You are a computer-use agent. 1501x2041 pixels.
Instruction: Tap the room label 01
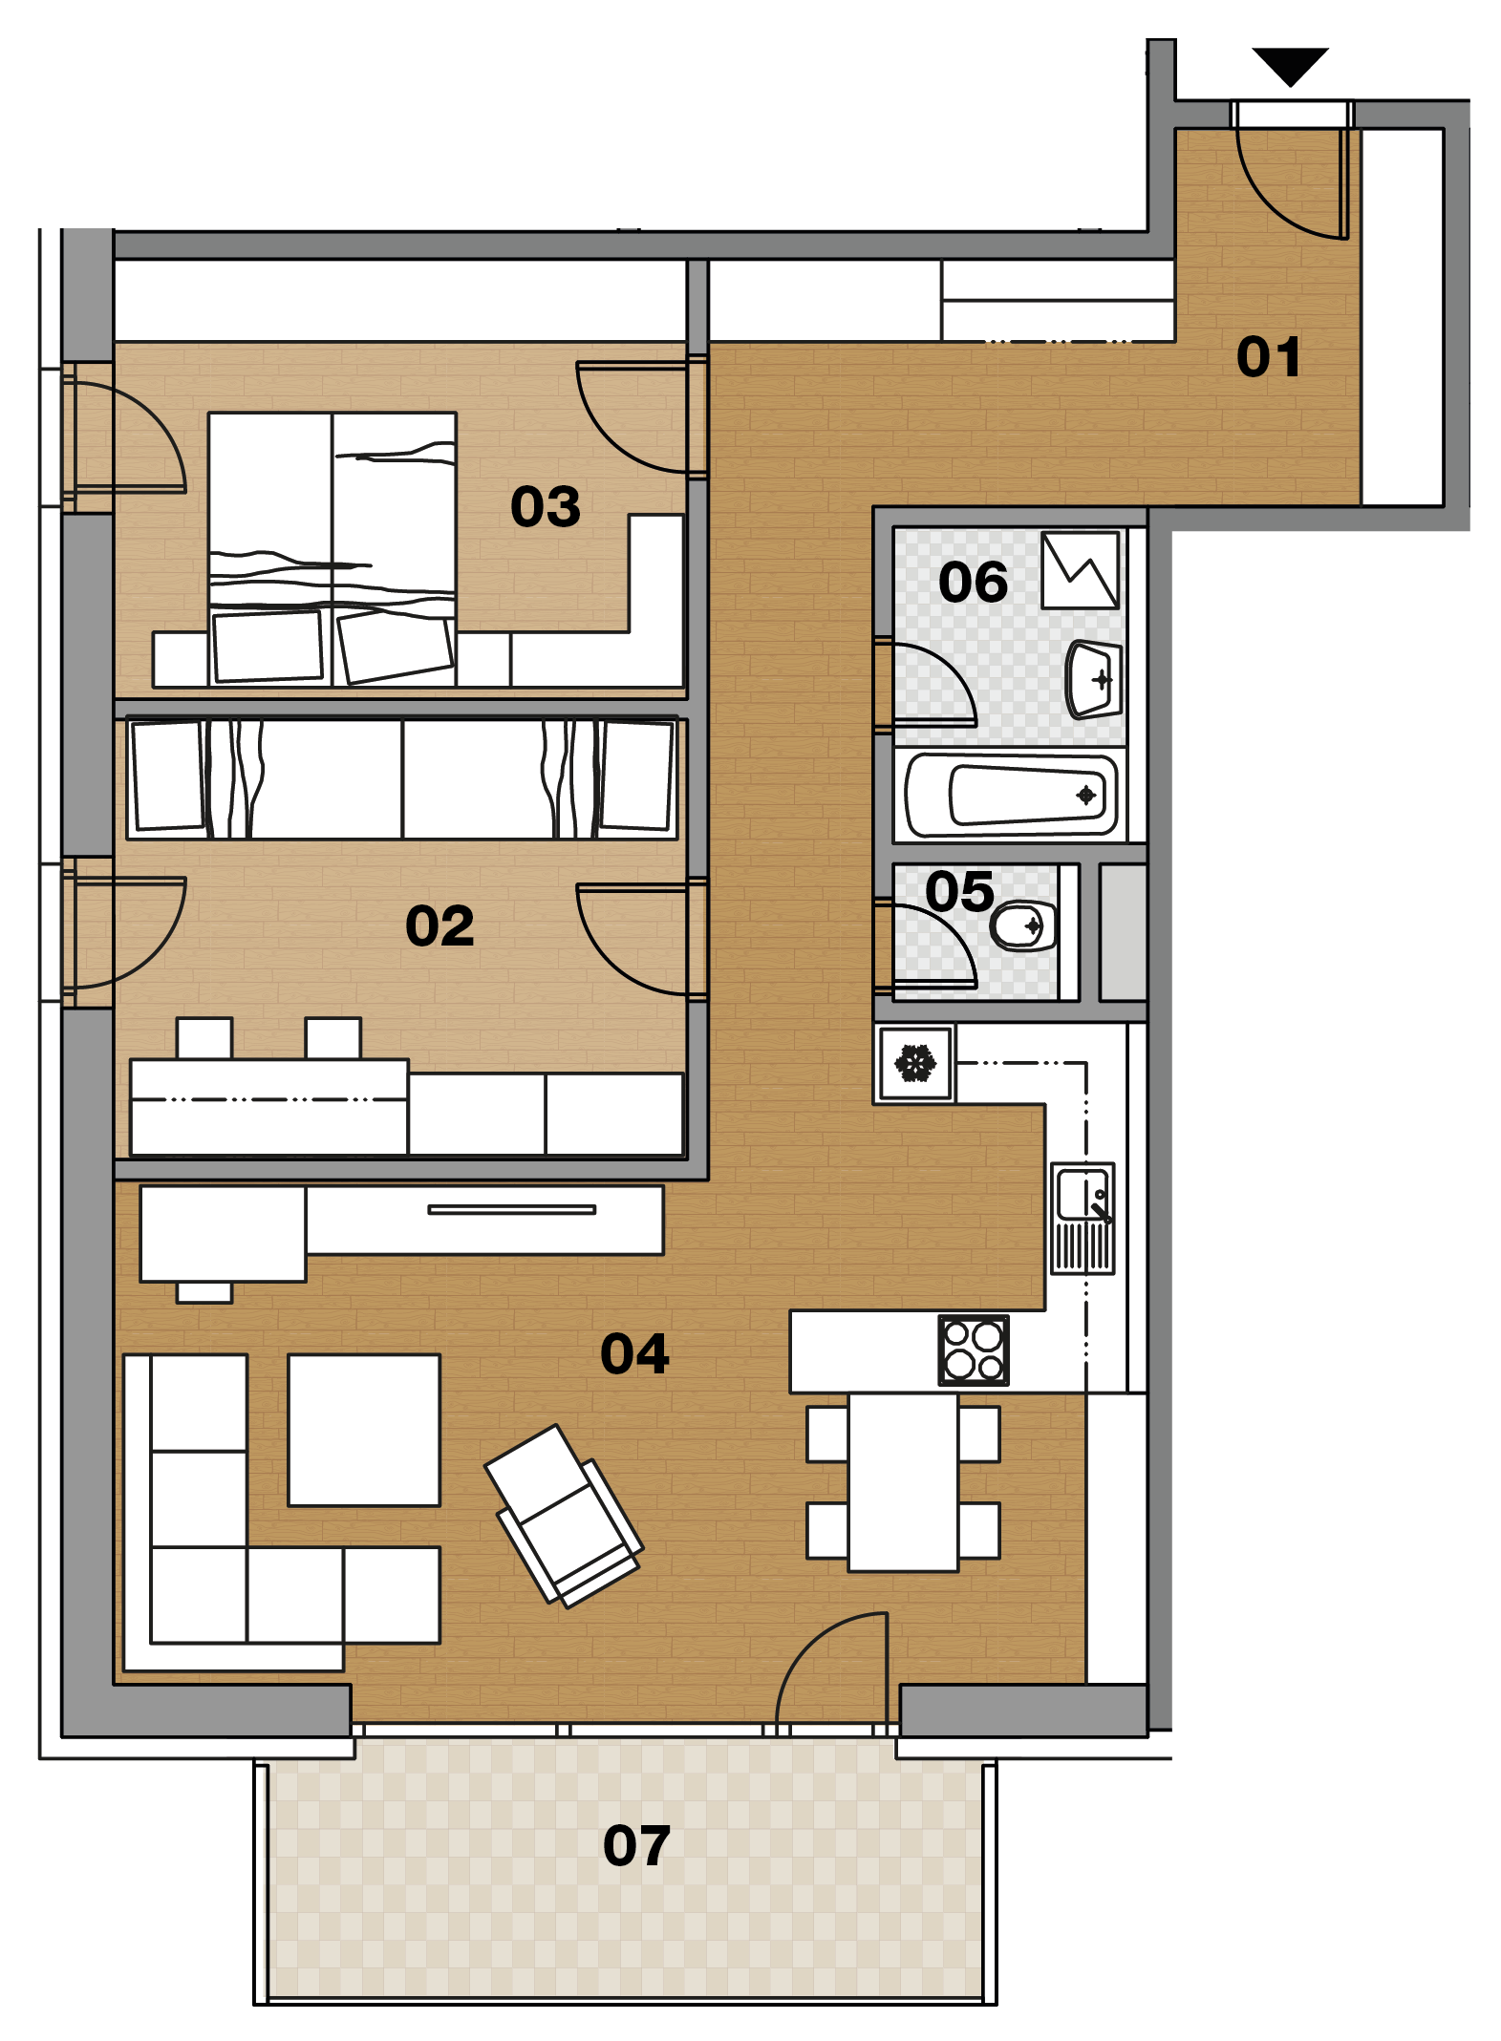[1268, 357]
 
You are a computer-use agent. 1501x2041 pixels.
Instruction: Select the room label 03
[545, 506]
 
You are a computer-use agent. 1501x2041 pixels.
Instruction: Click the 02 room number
[440, 925]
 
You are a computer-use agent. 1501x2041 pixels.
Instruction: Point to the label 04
[634, 1353]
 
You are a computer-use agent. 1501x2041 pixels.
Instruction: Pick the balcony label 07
[636, 1845]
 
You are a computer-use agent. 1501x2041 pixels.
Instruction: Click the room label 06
[973, 582]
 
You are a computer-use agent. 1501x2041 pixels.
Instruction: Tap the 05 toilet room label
[959, 891]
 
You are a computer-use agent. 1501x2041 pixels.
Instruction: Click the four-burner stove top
[974, 1350]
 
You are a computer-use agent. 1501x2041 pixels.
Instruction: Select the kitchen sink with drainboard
[1083, 1218]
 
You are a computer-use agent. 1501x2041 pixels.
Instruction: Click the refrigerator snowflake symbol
[915, 1063]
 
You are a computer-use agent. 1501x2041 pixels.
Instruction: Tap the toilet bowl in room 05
[1023, 925]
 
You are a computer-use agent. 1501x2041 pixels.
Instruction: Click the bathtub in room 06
[1011, 795]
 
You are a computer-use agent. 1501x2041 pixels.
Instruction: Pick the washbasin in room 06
[1094, 679]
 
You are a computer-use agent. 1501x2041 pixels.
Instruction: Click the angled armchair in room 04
[564, 1516]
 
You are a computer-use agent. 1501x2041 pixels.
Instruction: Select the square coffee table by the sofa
[364, 1430]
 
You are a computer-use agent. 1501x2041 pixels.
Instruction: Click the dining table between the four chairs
[903, 1482]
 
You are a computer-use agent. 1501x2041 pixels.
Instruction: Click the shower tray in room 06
[1080, 570]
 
